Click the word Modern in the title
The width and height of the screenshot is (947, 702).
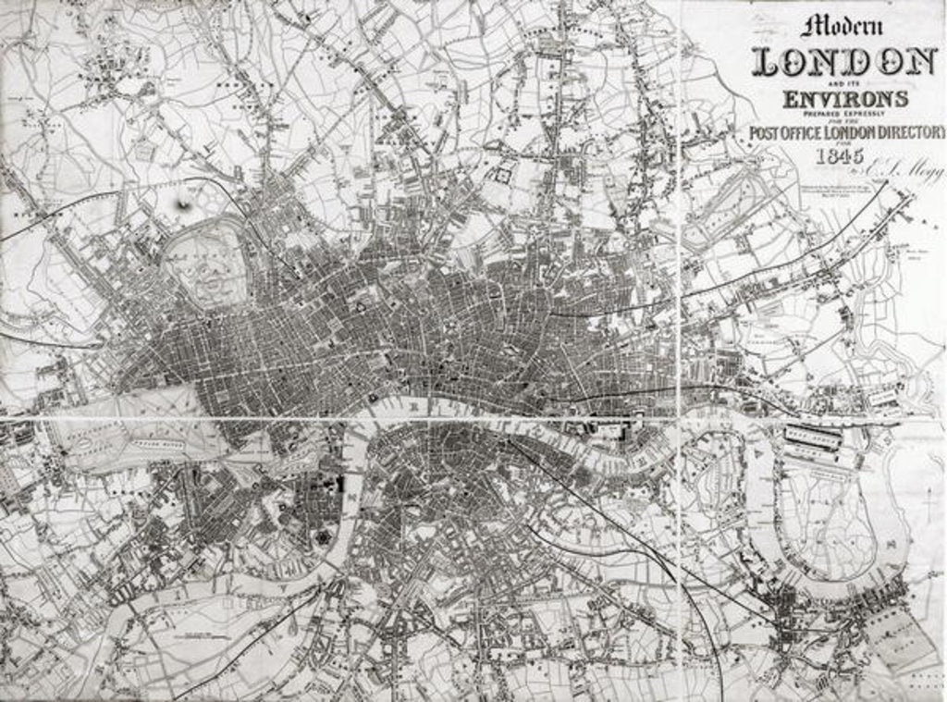pyautogui.click(x=842, y=25)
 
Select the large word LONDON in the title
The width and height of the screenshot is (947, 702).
pyautogui.click(x=844, y=62)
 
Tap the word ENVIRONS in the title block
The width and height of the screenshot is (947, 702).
pyautogui.click(x=845, y=98)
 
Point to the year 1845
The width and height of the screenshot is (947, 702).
pyautogui.click(x=839, y=155)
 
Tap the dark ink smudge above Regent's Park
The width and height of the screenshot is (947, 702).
pyautogui.click(x=186, y=203)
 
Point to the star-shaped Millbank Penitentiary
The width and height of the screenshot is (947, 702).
pyautogui.click(x=326, y=537)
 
